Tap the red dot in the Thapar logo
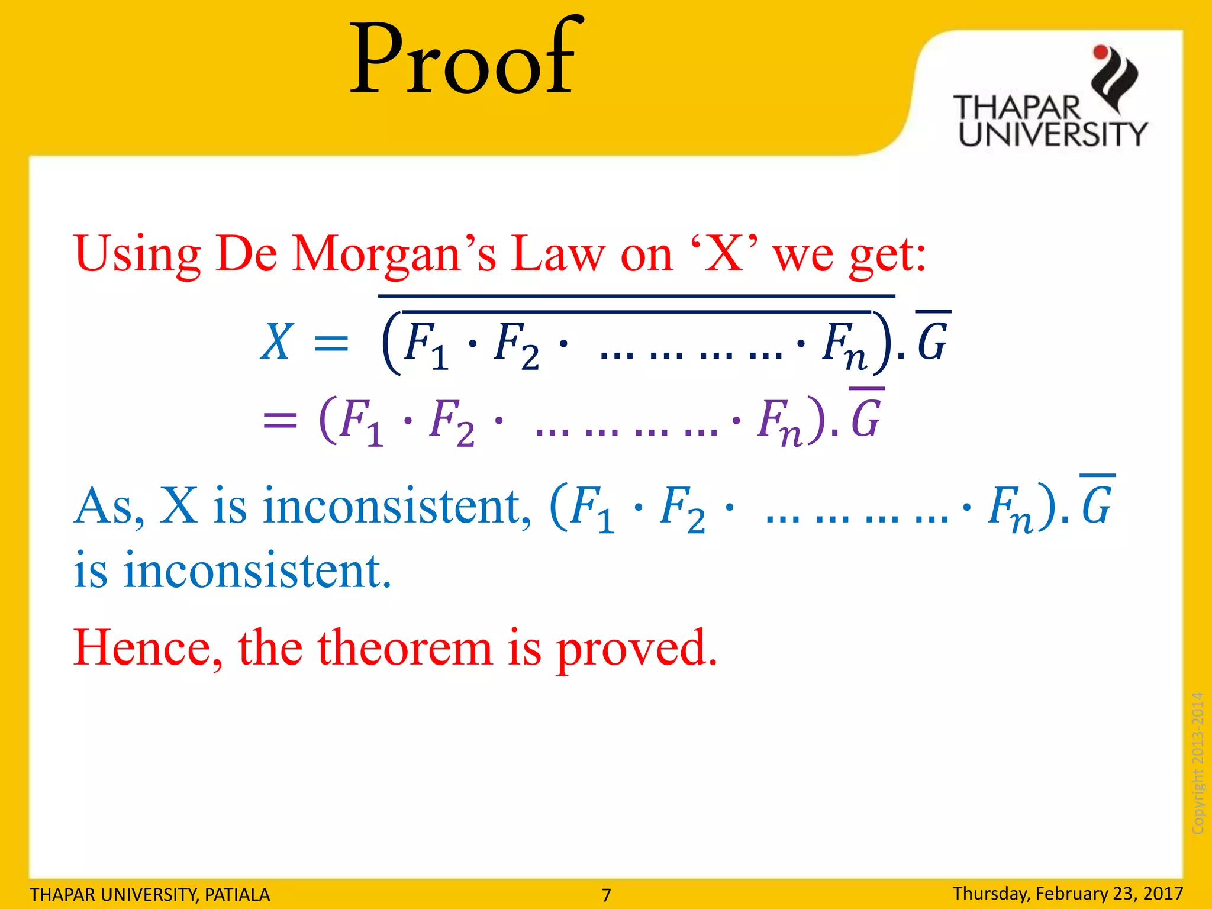click(x=1101, y=52)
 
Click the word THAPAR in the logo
click(x=1017, y=108)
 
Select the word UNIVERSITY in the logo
click(x=1052, y=134)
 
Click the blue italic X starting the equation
click(x=276, y=342)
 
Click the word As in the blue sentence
click(x=109, y=507)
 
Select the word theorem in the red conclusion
click(x=405, y=649)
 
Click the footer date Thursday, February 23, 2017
click(x=1068, y=893)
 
